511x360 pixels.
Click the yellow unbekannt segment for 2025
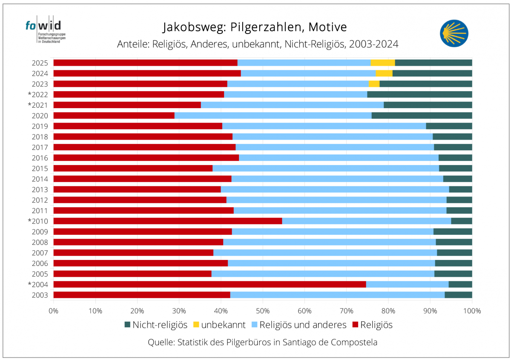382,63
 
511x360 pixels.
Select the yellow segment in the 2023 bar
374,84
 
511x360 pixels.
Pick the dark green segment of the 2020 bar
422,115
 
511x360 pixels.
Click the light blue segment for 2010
366,221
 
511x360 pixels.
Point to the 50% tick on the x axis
263,311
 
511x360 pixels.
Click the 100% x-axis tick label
472,311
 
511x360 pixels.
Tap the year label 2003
40,295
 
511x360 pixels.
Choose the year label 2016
40,157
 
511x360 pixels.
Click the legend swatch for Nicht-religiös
127,325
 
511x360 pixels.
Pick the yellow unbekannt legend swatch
195,325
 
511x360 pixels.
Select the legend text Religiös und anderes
303,325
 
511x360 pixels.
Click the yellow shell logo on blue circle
454,32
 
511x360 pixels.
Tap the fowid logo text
43,26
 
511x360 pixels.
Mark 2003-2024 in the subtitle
373,44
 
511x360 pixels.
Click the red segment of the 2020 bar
114,115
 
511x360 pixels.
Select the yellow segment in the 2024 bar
384,73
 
